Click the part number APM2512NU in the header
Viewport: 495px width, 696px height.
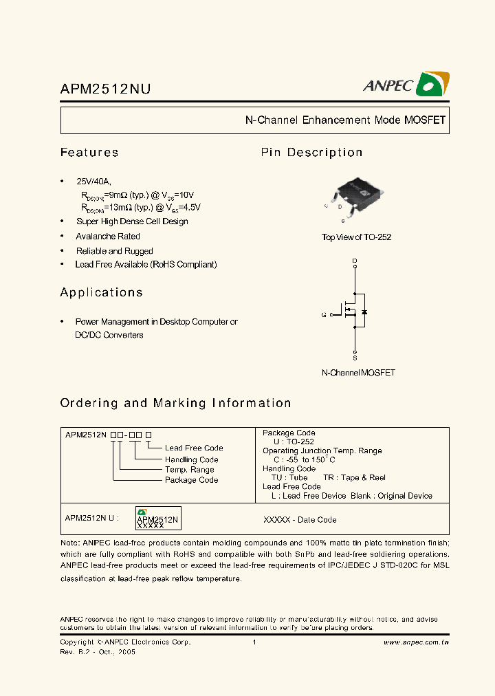click(x=106, y=89)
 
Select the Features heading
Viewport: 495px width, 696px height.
click(x=89, y=153)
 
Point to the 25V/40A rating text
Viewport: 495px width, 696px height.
click(x=93, y=181)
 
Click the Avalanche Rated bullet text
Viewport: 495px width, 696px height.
click(x=108, y=236)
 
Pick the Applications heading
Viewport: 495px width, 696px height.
click(x=102, y=292)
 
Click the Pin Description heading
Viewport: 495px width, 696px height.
click(x=311, y=153)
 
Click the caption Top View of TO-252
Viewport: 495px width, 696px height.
click(x=356, y=237)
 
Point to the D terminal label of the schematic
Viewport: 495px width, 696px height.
click(x=355, y=261)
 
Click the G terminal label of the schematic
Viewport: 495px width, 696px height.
click(x=324, y=314)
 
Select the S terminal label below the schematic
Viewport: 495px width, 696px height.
click(x=355, y=358)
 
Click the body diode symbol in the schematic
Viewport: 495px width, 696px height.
click(x=364, y=313)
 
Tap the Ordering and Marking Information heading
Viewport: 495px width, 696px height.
click(x=175, y=403)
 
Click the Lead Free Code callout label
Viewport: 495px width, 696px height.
click(x=194, y=448)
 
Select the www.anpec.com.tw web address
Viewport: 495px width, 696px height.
click(x=416, y=642)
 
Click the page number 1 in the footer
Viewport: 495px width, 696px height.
click(x=254, y=642)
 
